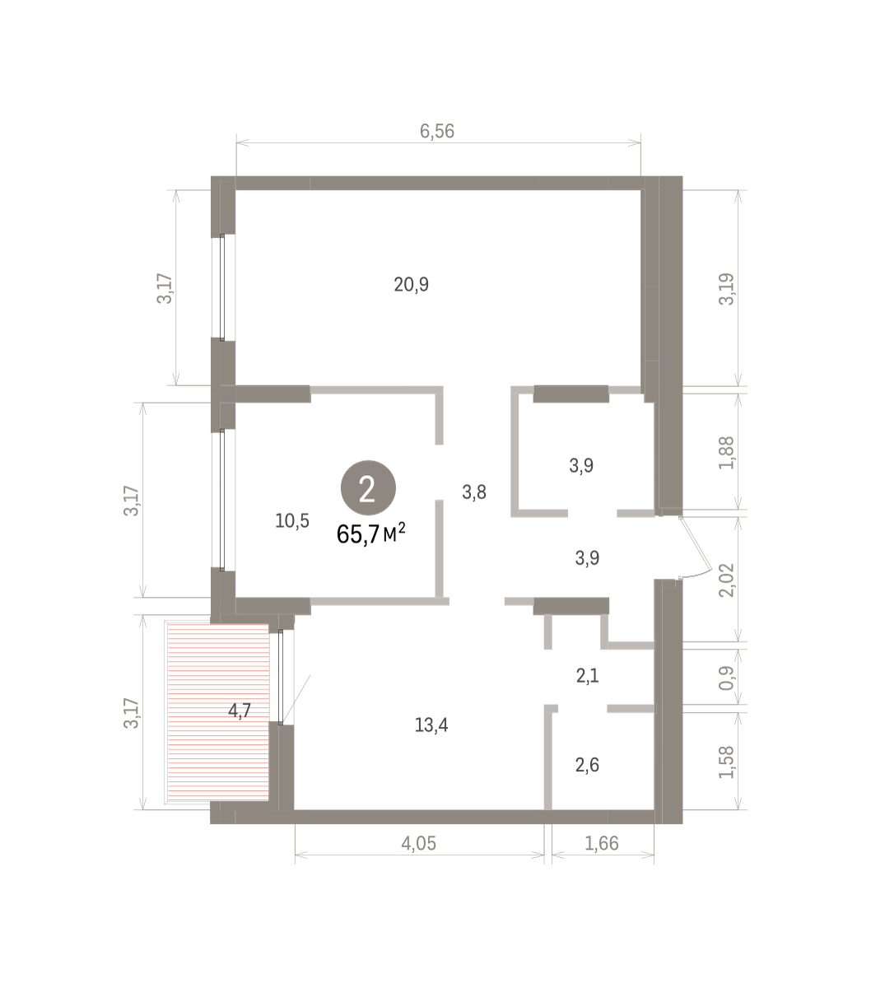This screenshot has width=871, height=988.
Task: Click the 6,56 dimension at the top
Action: (x=437, y=131)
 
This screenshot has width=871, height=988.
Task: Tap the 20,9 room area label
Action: (x=411, y=284)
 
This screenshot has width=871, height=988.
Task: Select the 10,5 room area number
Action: (x=292, y=521)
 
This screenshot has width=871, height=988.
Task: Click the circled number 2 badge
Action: (x=368, y=487)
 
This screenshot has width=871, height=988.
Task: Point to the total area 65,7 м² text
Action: (x=370, y=534)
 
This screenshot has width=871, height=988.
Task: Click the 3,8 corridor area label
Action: (x=474, y=492)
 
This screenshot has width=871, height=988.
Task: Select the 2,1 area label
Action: (x=587, y=676)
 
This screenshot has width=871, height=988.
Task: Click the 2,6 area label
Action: (x=587, y=765)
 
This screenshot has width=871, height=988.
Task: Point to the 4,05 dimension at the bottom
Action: (x=418, y=843)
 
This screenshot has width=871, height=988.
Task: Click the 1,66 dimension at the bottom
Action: (x=601, y=843)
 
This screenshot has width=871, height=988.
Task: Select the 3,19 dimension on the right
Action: (x=726, y=289)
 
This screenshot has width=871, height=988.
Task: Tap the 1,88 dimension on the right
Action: (x=726, y=453)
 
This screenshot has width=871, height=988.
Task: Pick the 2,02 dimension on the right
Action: (x=726, y=580)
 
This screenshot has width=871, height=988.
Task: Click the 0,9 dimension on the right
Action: (x=726, y=678)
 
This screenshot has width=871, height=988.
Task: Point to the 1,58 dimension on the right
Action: (x=726, y=762)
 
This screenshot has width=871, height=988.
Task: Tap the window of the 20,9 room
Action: (x=222, y=287)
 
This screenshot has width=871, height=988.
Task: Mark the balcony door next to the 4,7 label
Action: (x=281, y=677)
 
